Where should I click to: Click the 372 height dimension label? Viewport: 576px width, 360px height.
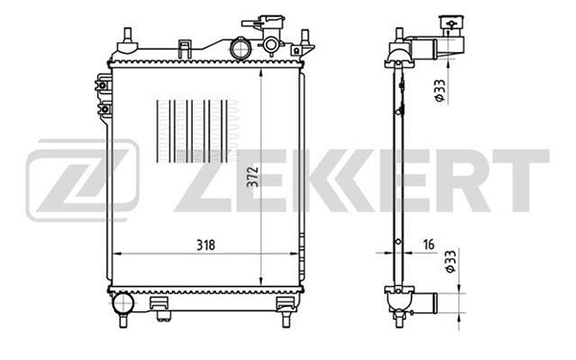pos(253,177)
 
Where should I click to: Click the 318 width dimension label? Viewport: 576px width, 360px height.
pos(205,245)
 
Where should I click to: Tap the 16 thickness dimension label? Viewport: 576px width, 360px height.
pos(429,244)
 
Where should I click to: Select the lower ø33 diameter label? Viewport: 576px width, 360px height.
pos(450,261)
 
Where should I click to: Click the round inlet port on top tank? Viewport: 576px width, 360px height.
pos(240,48)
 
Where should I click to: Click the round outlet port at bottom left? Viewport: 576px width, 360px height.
pos(123,303)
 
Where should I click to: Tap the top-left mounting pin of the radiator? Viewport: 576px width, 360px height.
pos(127,36)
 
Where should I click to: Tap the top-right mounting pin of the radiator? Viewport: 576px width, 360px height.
pos(304,37)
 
